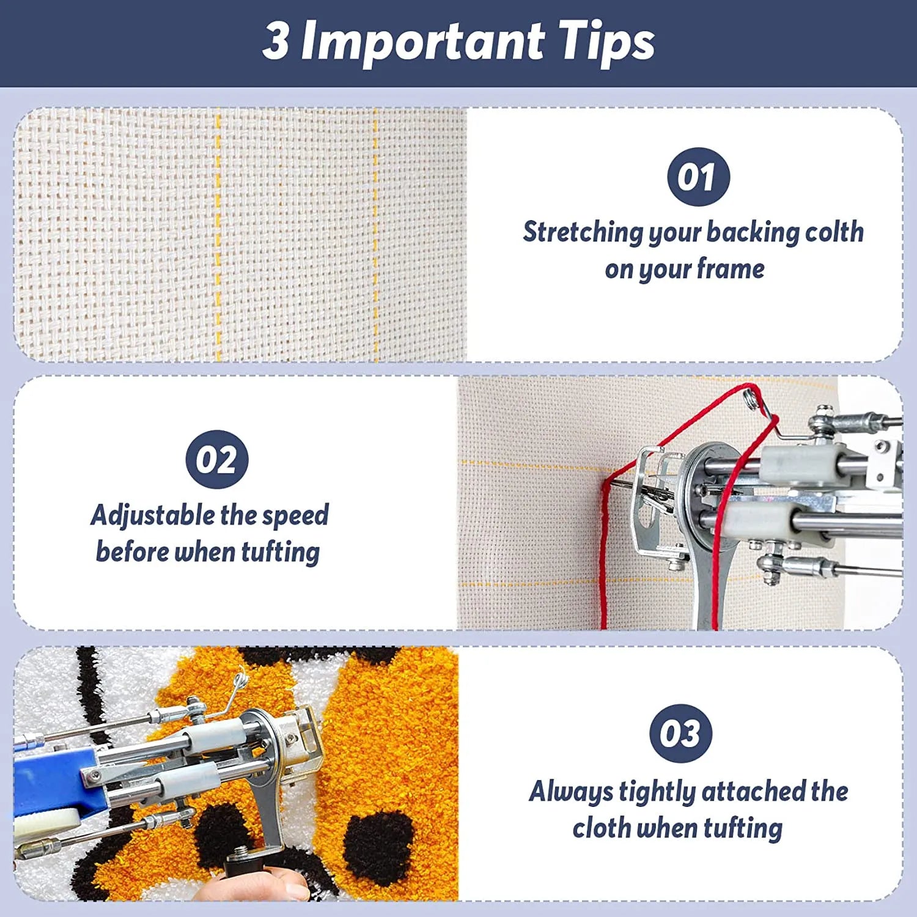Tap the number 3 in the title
[x=276, y=40]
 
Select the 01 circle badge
[x=698, y=177]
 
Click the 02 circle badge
[x=217, y=459]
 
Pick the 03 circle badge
[x=680, y=734]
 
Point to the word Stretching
[x=583, y=233]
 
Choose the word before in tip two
[x=133, y=551]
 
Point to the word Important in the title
[x=422, y=42]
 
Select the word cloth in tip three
[x=602, y=828]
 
